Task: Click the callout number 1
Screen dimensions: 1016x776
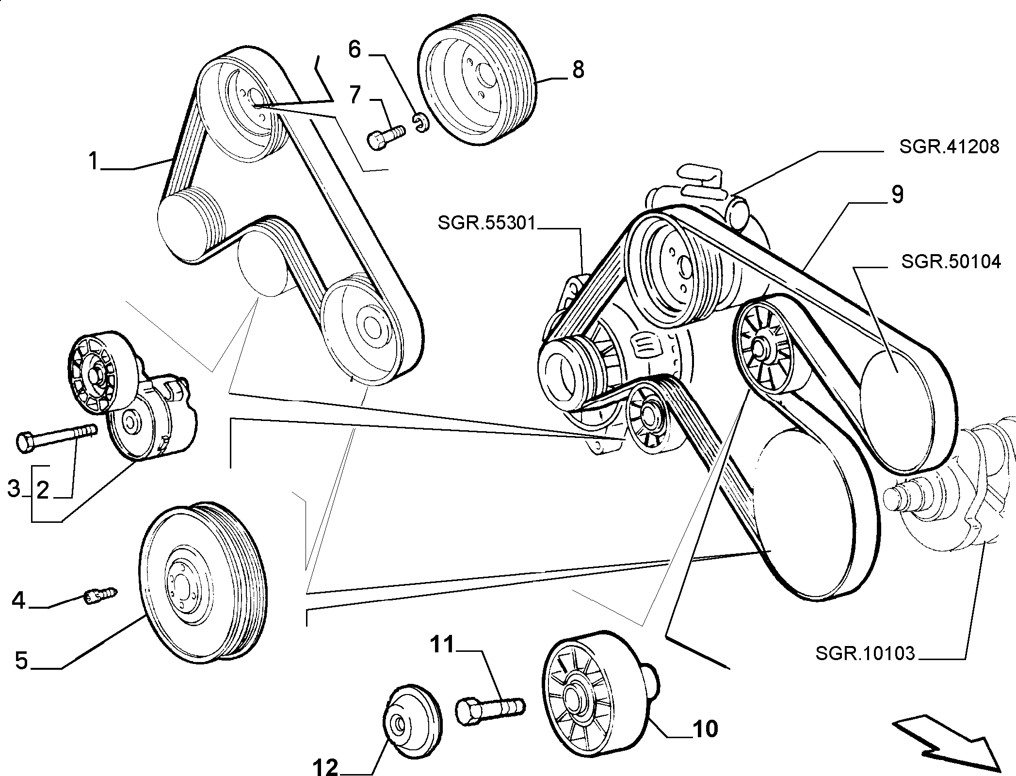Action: pyautogui.click(x=94, y=161)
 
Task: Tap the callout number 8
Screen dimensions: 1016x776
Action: pyautogui.click(x=578, y=71)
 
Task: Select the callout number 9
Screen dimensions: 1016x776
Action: pyautogui.click(x=897, y=195)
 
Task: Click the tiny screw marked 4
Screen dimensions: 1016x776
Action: pyautogui.click(x=101, y=596)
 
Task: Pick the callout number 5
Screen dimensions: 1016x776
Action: pyautogui.click(x=21, y=661)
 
